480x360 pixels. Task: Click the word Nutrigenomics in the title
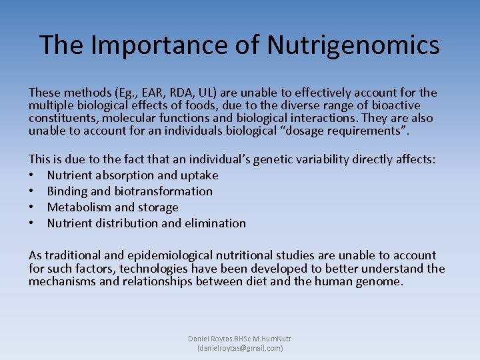coord(353,45)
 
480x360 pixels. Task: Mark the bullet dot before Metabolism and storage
coord(32,207)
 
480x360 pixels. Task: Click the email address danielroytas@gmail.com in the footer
coord(240,348)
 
